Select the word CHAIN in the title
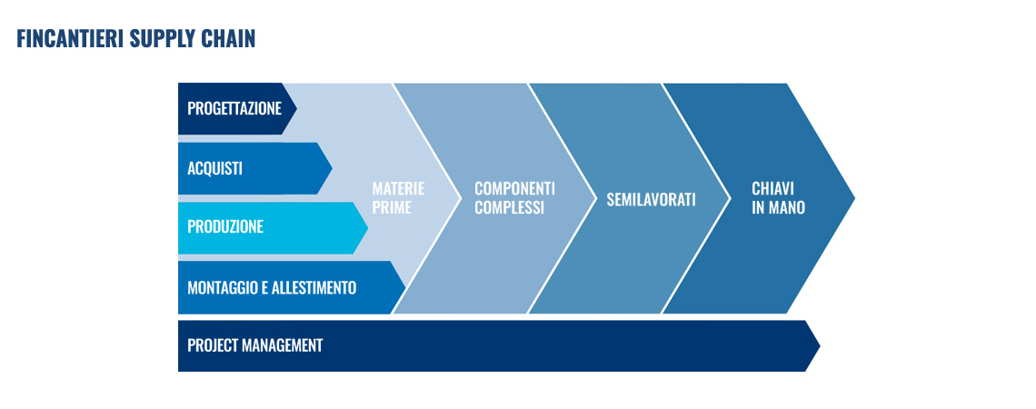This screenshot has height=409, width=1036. point(229,39)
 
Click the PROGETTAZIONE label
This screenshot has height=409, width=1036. point(234,108)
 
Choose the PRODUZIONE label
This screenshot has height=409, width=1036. point(225,226)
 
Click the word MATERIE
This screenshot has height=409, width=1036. point(398,188)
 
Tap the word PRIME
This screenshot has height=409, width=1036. point(392,207)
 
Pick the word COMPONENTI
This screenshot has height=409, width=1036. point(514,188)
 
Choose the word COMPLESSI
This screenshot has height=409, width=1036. point(510,207)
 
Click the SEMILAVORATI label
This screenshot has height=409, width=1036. point(651,199)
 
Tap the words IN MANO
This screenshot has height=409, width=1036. point(778,207)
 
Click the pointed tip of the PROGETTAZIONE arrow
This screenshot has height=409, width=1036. point(296,108)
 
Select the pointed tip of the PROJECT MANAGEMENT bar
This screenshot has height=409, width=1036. point(820,345)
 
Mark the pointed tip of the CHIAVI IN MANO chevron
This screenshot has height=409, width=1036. point(855,197)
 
